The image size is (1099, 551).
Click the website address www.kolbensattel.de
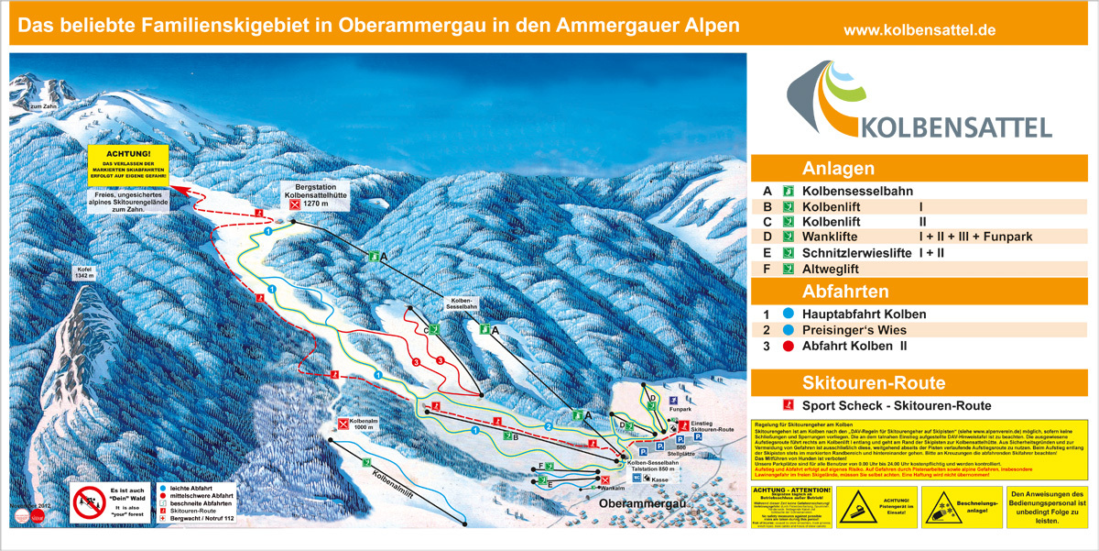pyautogui.click(x=919, y=30)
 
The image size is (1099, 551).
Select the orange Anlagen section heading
pyautogui.click(x=837, y=169)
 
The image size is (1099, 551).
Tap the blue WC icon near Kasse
pyautogui.click(x=636, y=478)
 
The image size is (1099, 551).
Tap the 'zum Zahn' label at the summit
pyautogui.click(x=43, y=107)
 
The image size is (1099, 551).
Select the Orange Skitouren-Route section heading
pyautogui.click(x=859, y=383)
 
